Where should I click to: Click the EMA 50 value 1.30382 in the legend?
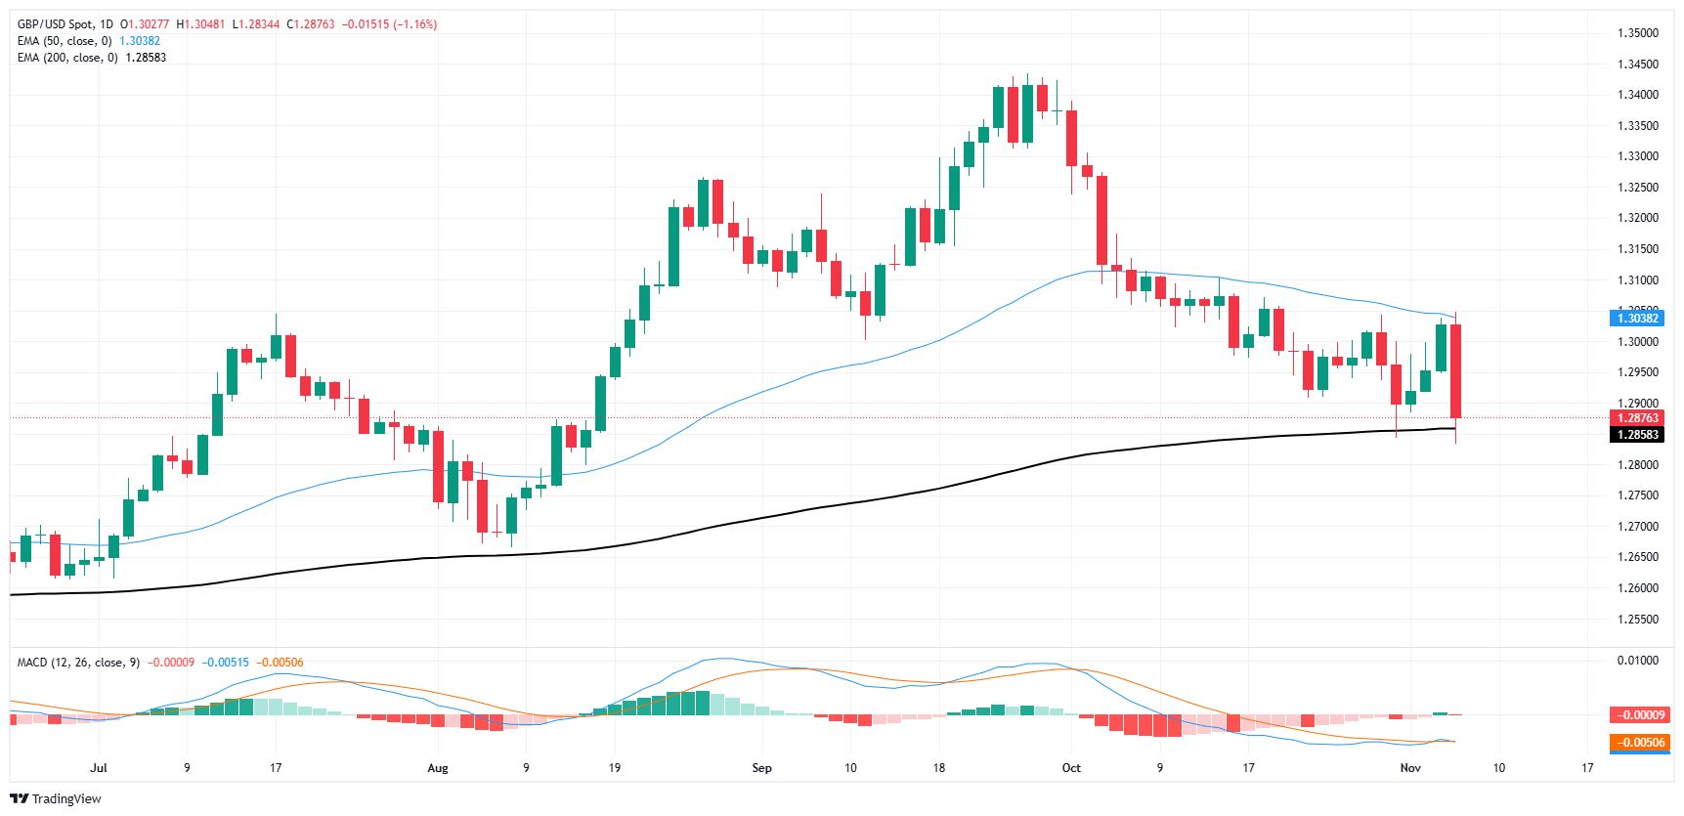140,41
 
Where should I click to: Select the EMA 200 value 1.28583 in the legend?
146,58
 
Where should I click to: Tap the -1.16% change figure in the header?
414,24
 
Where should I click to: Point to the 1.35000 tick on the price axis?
1637,33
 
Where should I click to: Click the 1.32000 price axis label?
1637,218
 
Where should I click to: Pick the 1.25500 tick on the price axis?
1637,620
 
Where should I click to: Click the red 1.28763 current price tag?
1637,418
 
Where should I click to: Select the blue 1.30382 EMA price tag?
1637,319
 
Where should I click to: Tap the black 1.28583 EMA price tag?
1637,435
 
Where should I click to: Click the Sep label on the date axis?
761,768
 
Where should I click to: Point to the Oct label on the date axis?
1071,768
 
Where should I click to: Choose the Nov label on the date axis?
1410,768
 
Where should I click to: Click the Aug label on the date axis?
438,768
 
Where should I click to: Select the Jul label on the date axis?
99,768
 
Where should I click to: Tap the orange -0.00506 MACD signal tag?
1642,743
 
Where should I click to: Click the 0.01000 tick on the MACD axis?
1637,661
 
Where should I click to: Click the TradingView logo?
56,798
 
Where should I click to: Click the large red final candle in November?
1456,371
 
